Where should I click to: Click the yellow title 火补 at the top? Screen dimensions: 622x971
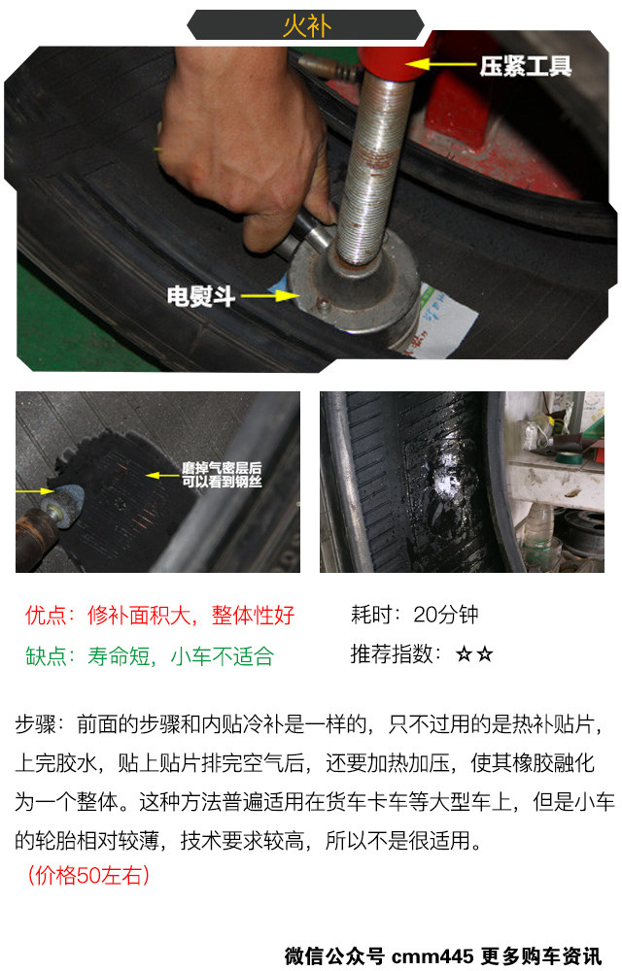pyautogui.click(x=307, y=26)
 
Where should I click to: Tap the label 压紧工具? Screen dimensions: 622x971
pyautogui.click(x=526, y=66)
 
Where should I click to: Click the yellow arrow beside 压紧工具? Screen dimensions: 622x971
pyautogui.click(x=440, y=64)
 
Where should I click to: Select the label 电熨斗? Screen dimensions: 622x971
pyautogui.click(x=201, y=296)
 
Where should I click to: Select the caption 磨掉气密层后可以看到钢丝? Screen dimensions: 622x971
pyautogui.click(x=222, y=475)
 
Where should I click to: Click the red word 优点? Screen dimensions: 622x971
pyautogui.click(x=46, y=615)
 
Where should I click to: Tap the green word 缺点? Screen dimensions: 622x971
pyautogui.click(x=46, y=655)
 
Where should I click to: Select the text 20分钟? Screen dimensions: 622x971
pyautogui.click(x=445, y=615)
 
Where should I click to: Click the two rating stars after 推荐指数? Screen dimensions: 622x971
pyautogui.click(x=474, y=653)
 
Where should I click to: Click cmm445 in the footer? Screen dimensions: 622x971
pyautogui.click(x=432, y=955)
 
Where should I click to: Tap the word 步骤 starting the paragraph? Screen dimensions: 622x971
pyautogui.click(x=35, y=724)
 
